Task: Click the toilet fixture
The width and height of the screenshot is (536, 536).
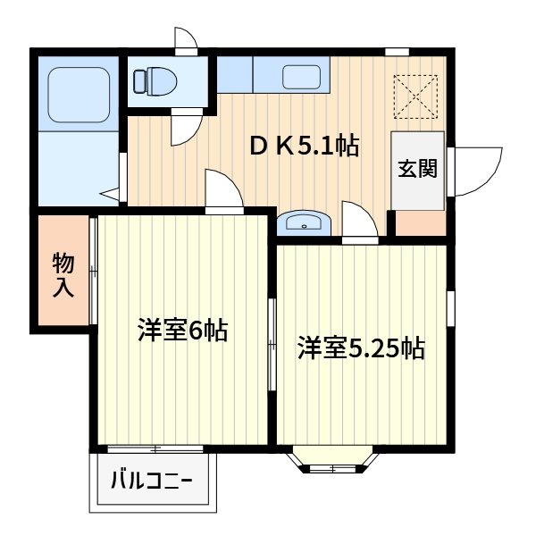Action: tap(153, 81)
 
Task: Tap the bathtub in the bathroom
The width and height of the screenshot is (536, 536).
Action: tap(77, 94)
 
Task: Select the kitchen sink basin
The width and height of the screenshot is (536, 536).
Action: tap(301, 77)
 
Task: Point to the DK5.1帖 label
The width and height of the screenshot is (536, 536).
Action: tap(304, 147)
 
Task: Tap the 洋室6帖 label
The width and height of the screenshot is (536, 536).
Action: tap(182, 331)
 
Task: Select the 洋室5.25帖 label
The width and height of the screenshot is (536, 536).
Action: tap(361, 347)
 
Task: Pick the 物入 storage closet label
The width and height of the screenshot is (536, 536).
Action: tap(63, 275)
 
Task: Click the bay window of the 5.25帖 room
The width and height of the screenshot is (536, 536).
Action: tap(331, 461)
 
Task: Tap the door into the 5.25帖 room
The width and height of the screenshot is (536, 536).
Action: tap(359, 221)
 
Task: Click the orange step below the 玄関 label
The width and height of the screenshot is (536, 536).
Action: tap(420, 223)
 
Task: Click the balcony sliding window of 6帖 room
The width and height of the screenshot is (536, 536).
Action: tap(152, 447)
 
